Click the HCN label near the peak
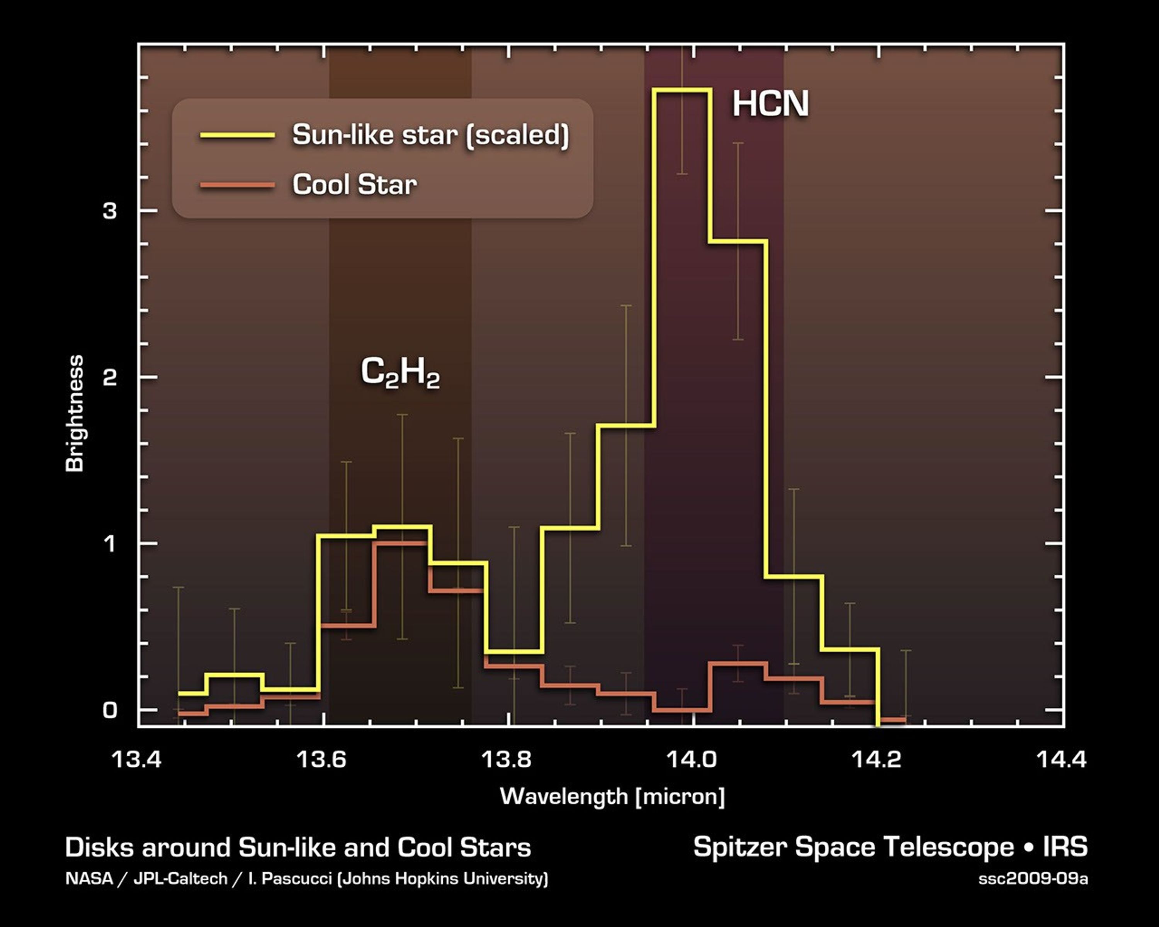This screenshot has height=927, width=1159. coord(770,104)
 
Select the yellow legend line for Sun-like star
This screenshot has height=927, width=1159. coord(237,136)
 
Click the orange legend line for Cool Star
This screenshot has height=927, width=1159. coord(237,185)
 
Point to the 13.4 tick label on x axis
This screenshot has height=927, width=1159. coord(136,759)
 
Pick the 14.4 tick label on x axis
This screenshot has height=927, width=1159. coord(1061,759)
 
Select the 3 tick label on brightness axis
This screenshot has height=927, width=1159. coord(110,211)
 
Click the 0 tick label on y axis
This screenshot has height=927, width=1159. coord(110,710)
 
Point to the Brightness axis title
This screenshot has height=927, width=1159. coord(75,413)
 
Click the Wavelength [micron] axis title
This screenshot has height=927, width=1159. coord(612,796)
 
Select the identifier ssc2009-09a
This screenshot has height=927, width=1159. coord(1033,879)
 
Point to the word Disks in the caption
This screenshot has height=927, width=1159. coord(99,847)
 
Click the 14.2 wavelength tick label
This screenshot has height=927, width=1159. coord(876,759)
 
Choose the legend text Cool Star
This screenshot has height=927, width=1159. coord(354,185)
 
